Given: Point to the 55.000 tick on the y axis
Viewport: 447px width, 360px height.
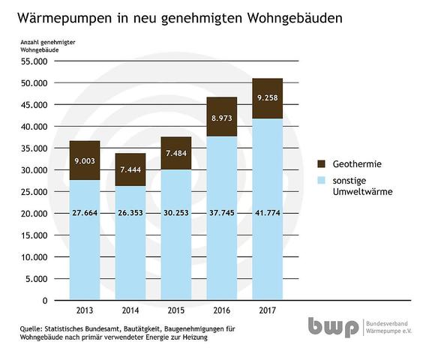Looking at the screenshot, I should (34, 61).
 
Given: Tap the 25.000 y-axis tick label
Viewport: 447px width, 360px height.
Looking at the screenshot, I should (34, 192).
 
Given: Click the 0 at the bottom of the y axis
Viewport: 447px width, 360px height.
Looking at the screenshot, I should (45, 301).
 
